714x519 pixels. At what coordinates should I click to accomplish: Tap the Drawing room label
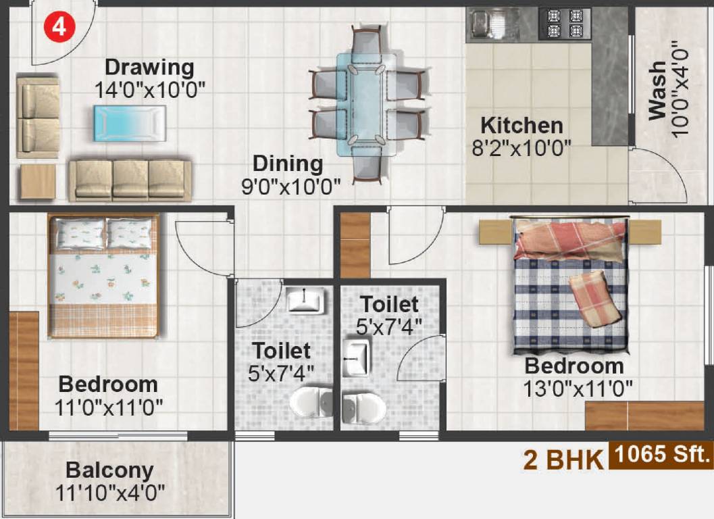click(149, 68)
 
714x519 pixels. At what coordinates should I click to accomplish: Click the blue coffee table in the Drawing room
click(129, 123)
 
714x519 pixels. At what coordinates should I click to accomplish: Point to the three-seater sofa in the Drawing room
click(130, 180)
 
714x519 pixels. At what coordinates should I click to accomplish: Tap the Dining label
click(288, 164)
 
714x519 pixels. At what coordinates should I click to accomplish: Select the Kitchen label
click(521, 126)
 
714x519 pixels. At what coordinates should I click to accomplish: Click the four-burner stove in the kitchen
click(565, 24)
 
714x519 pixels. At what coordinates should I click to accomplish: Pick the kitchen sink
click(484, 24)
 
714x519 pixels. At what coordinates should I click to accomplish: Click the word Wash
click(657, 91)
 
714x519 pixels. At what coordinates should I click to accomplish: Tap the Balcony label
click(109, 470)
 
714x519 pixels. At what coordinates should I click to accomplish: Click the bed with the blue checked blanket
click(571, 284)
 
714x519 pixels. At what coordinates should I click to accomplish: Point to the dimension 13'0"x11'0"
click(578, 389)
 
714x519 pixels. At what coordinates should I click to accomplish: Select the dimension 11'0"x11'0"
click(108, 406)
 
